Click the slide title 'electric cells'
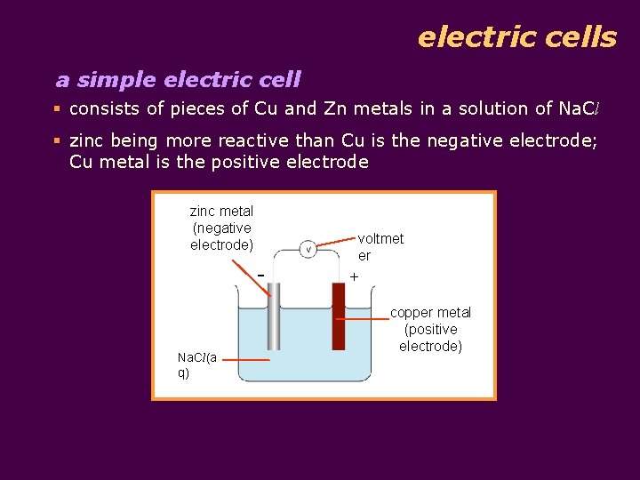[516, 37]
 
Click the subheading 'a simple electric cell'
[178, 80]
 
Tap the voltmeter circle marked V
[308, 249]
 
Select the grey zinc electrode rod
[275, 316]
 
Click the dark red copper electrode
[338, 316]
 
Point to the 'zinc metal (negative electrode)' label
[221, 228]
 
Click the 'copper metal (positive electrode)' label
[431, 329]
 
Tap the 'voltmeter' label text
[380, 246]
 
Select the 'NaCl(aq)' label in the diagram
[197, 364]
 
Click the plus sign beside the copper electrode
[354, 277]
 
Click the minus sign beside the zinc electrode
[260, 274]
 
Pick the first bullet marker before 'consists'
[58, 108]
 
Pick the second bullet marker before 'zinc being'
[58, 140]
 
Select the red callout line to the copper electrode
[366, 318]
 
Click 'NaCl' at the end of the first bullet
[582, 108]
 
